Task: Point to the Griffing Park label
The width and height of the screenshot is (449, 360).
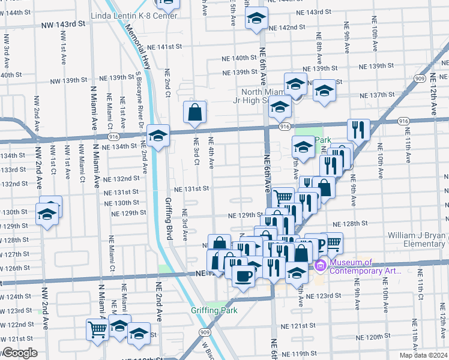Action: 214,310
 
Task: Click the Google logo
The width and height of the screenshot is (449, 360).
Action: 20,353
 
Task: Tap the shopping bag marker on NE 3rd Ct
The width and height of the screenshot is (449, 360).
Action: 196,112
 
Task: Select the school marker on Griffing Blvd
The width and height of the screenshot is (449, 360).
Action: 158,136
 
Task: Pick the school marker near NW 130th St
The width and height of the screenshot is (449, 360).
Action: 46,214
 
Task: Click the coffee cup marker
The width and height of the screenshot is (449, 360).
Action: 244,277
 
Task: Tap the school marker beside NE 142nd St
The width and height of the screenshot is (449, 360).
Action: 256,19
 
